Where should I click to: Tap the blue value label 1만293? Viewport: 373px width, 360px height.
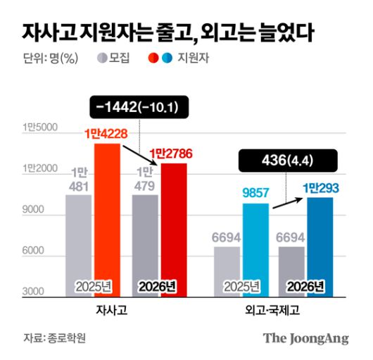click(x=320, y=187)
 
